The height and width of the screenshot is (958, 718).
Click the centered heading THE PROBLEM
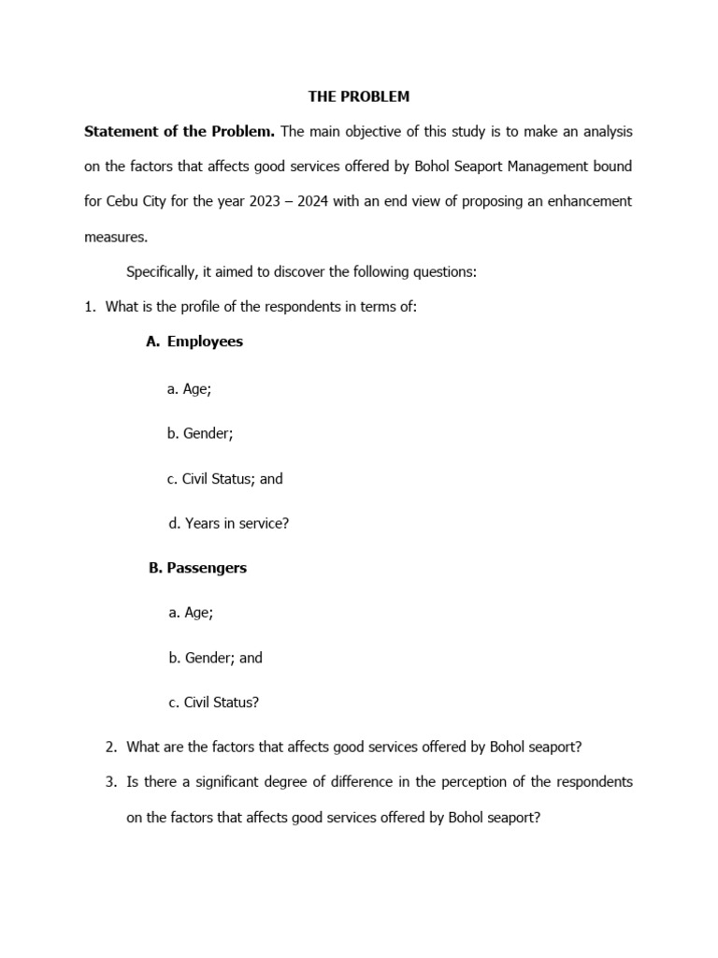point(359,96)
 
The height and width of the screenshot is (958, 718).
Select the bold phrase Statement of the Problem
point(179,132)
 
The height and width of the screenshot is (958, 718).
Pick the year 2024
point(309,201)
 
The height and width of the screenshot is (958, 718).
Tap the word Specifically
point(163,271)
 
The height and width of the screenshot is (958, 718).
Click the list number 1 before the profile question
point(90,307)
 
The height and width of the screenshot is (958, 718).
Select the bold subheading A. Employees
point(194,341)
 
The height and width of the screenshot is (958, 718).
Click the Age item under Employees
point(190,388)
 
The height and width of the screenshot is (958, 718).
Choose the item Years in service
point(229,524)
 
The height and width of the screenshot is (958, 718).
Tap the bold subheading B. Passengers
point(197,568)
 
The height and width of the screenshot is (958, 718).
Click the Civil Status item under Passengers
point(214,703)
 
